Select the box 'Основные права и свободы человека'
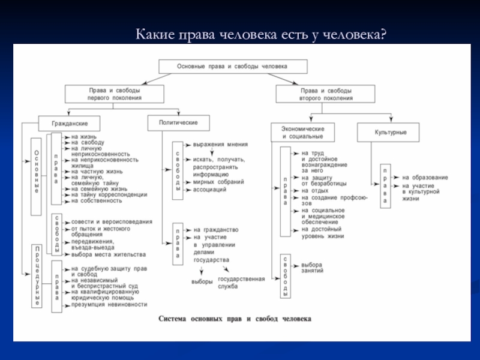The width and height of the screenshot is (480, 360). tap(233, 66)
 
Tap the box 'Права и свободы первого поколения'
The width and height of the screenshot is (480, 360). tap(115, 93)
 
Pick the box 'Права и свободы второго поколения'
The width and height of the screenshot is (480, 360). tap(325, 93)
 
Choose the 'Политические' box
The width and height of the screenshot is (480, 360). tap(178, 122)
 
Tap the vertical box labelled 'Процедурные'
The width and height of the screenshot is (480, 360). tap(37, 276)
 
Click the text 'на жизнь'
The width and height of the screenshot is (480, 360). tap(83, 136)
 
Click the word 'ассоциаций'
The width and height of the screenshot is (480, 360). tap(209, 189)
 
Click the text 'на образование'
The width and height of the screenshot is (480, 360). tap(425, 177)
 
